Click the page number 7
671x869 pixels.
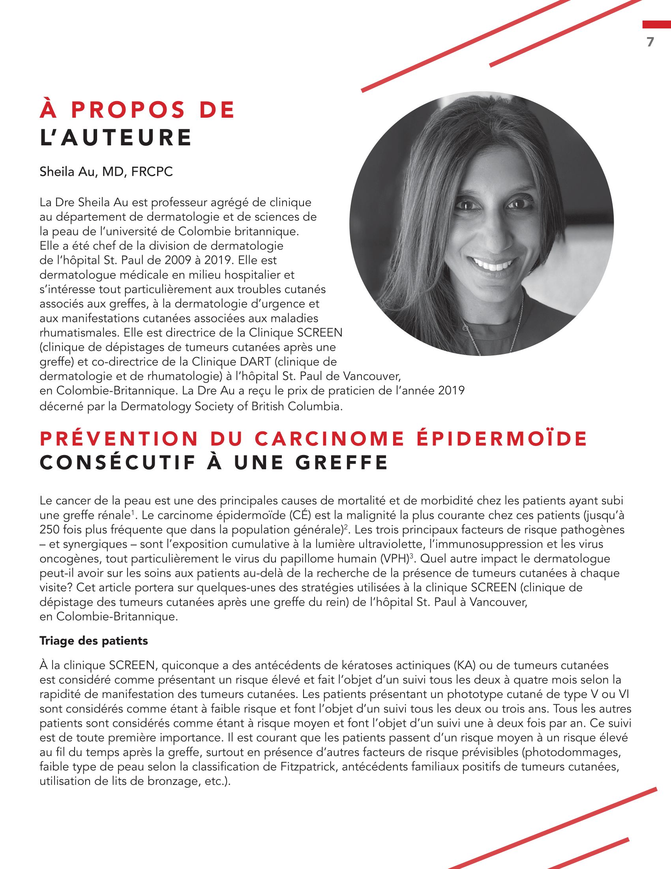[650, 42]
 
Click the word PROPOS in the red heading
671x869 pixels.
[128, 110]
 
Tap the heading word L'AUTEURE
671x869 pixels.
[116, 138]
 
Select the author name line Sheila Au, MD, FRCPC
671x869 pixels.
[106, 172]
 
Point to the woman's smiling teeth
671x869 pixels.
[493, 264]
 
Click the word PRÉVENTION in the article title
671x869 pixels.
[119, 439]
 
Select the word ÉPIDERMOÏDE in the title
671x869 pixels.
[502, 439]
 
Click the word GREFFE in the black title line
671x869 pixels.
[341, 463]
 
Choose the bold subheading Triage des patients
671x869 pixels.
[94, 641]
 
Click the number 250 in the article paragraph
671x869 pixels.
[50, 530]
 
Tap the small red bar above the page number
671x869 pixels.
[656, 24]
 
